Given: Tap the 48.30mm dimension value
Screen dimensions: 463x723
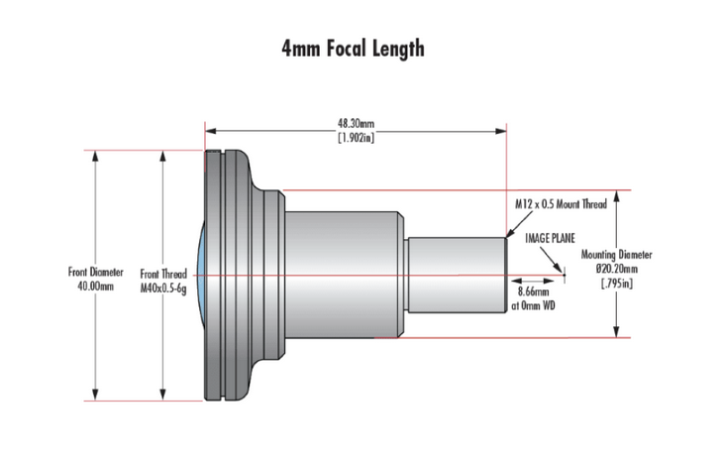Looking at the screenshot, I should [356, 124].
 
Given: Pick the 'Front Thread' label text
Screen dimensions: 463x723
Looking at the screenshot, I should [164, 273].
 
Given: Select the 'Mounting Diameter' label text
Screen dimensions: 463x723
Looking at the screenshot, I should [617, 254].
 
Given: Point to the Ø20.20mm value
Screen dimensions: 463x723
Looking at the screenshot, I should [617, 268].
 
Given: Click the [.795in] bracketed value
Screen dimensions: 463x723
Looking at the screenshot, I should [617, 283].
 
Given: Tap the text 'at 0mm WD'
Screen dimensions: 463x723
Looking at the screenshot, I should [534, 307].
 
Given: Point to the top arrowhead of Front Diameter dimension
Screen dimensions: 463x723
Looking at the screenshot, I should [95, 155].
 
